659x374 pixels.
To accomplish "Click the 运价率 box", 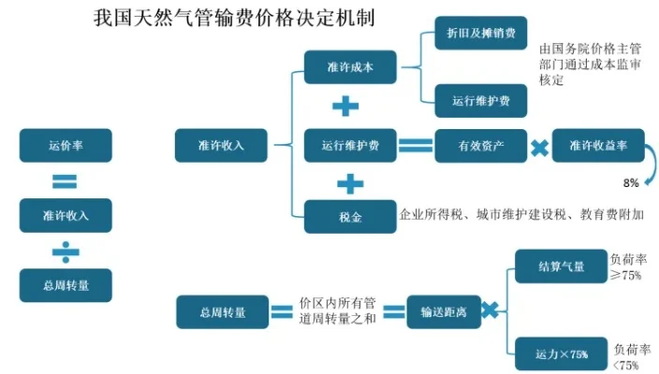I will tap(65, 145).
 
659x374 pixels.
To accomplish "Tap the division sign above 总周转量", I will tap(65, 251).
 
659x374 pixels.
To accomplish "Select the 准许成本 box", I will tap(350, 65).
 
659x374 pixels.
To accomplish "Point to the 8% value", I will tap(630, 181).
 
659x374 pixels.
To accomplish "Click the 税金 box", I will tap(350, 216).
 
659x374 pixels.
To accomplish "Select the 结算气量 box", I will tap(561, 266).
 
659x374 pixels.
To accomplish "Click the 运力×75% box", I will tap(561, 353).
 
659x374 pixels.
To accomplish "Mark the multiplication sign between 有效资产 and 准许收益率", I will tap(539, 146).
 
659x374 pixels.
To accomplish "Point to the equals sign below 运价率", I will tap(65, 180).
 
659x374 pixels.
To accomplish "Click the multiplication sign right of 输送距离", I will tap(489, 311).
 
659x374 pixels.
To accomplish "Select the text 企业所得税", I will tap(426, 214).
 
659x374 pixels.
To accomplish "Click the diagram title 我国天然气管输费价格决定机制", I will tap(236, 18).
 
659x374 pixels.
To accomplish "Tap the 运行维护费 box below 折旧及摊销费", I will tap(480, 99).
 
